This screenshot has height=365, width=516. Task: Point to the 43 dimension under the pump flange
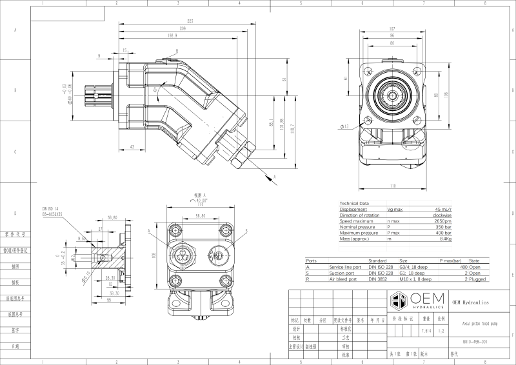132,148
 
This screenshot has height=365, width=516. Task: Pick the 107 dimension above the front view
392,28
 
